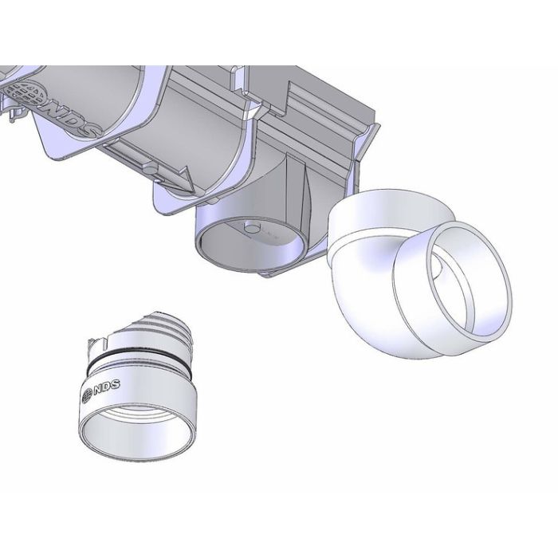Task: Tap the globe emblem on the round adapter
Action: coord(87,396)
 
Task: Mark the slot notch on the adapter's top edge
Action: coord(106,342)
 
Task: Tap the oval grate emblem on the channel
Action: coord(29,93)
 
